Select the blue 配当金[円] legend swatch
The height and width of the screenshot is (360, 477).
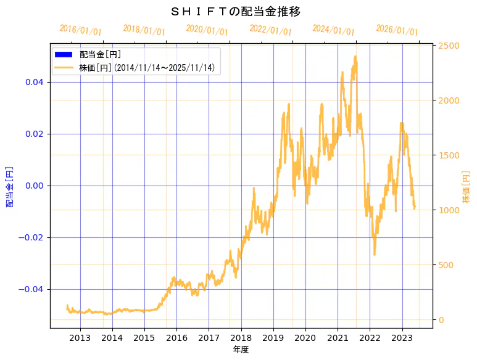tap(64, 54)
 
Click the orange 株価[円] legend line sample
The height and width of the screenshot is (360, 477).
tap(64, 68)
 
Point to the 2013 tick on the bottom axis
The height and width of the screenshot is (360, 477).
tap(80, 337)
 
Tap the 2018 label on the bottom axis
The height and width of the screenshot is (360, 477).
tap(241, 337)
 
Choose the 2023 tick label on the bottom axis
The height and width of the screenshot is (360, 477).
tap(402, 337)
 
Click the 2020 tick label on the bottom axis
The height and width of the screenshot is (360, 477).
tap(305, 337)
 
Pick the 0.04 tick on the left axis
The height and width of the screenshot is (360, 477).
tap(34, 82)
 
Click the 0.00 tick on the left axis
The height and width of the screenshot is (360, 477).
tap(34, 186)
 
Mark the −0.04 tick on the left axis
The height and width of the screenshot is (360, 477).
tap(32, 289)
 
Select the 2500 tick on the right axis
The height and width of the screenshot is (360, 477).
tap(449, 46)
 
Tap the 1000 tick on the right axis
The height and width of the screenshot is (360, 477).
tap(449, 210)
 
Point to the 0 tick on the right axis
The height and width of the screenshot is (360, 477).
tap(442, 320)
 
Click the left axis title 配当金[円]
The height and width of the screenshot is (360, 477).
tap(10, 186)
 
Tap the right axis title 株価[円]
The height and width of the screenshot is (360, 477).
tap(467, 186)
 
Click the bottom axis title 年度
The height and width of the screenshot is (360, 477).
tap(241, 350)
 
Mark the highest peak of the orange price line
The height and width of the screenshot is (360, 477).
tap(355, 57)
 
